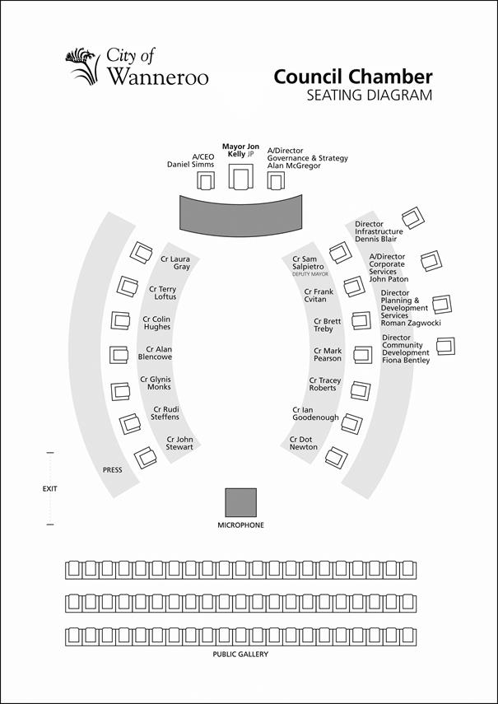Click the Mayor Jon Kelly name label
[x=240, y=151]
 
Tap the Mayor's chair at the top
[x=241, y=176]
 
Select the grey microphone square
[x=241, y=502]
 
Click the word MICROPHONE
[x=241, y=525]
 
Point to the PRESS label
[x=112, y=470]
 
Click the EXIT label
[x=49, y=488]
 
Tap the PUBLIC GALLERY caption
[x=240, y=654]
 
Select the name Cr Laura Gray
[x=175, y=263]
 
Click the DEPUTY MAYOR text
[x=310, y=274]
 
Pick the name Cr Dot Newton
[x=303, y=443]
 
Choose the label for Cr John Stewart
[x=179, y=443]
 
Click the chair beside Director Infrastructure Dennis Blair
[x=412, y=217]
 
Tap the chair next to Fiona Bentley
[x=445, y=346]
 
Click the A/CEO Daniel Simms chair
[x=206, y=181]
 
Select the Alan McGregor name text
[x=294, y=166]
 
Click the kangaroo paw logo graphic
[x=82, y=66]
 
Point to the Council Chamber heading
[x=353, y=77]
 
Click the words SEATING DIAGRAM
[x=370, y=96]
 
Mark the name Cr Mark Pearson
[x=328, y=354]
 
